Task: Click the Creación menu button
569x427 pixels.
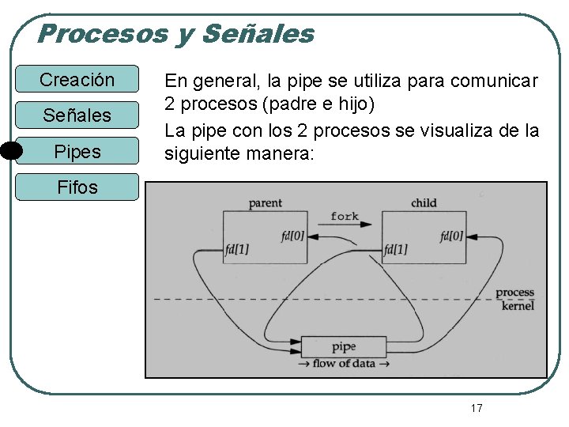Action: pos(77,80)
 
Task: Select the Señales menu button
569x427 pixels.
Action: pos(77,115)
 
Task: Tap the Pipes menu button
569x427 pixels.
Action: pos(77,151)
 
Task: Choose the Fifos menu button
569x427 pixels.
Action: pos(77,187)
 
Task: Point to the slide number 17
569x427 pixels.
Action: pos(476,408)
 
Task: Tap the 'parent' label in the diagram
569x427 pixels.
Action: pos(265,203)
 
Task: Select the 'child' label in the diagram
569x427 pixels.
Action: pos(424,203)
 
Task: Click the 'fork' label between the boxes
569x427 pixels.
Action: pos(345,216)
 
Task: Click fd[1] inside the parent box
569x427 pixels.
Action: pos(236,249)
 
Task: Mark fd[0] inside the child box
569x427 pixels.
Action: pos(451,236)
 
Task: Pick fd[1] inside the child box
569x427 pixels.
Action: pos(396,249)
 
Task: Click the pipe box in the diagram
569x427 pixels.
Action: pos(344,346)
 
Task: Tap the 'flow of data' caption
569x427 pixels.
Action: pos(344,364)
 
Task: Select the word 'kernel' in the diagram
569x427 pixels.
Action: pos(518,306)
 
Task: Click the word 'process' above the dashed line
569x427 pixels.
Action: pos(514,293)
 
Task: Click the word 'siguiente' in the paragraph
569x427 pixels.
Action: pos(202,153)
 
